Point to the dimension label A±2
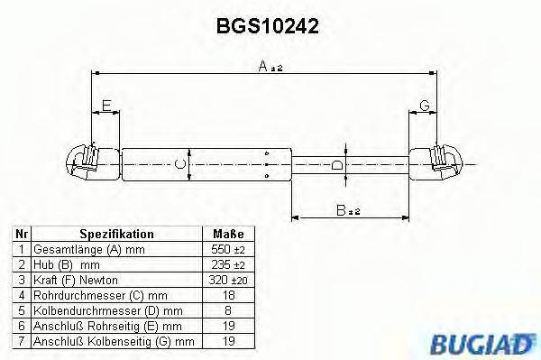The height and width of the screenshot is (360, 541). (270, 65)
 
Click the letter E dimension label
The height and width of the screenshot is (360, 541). (105, 107)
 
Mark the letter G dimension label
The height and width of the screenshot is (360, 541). (423, 107)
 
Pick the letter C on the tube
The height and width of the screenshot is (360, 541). (179, 163)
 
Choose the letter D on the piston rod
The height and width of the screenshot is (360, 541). (336, 165)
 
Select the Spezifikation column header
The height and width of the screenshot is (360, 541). (116, 234)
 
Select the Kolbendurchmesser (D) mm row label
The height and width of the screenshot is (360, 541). (99, 309)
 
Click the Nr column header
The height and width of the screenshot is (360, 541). (22, 234)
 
